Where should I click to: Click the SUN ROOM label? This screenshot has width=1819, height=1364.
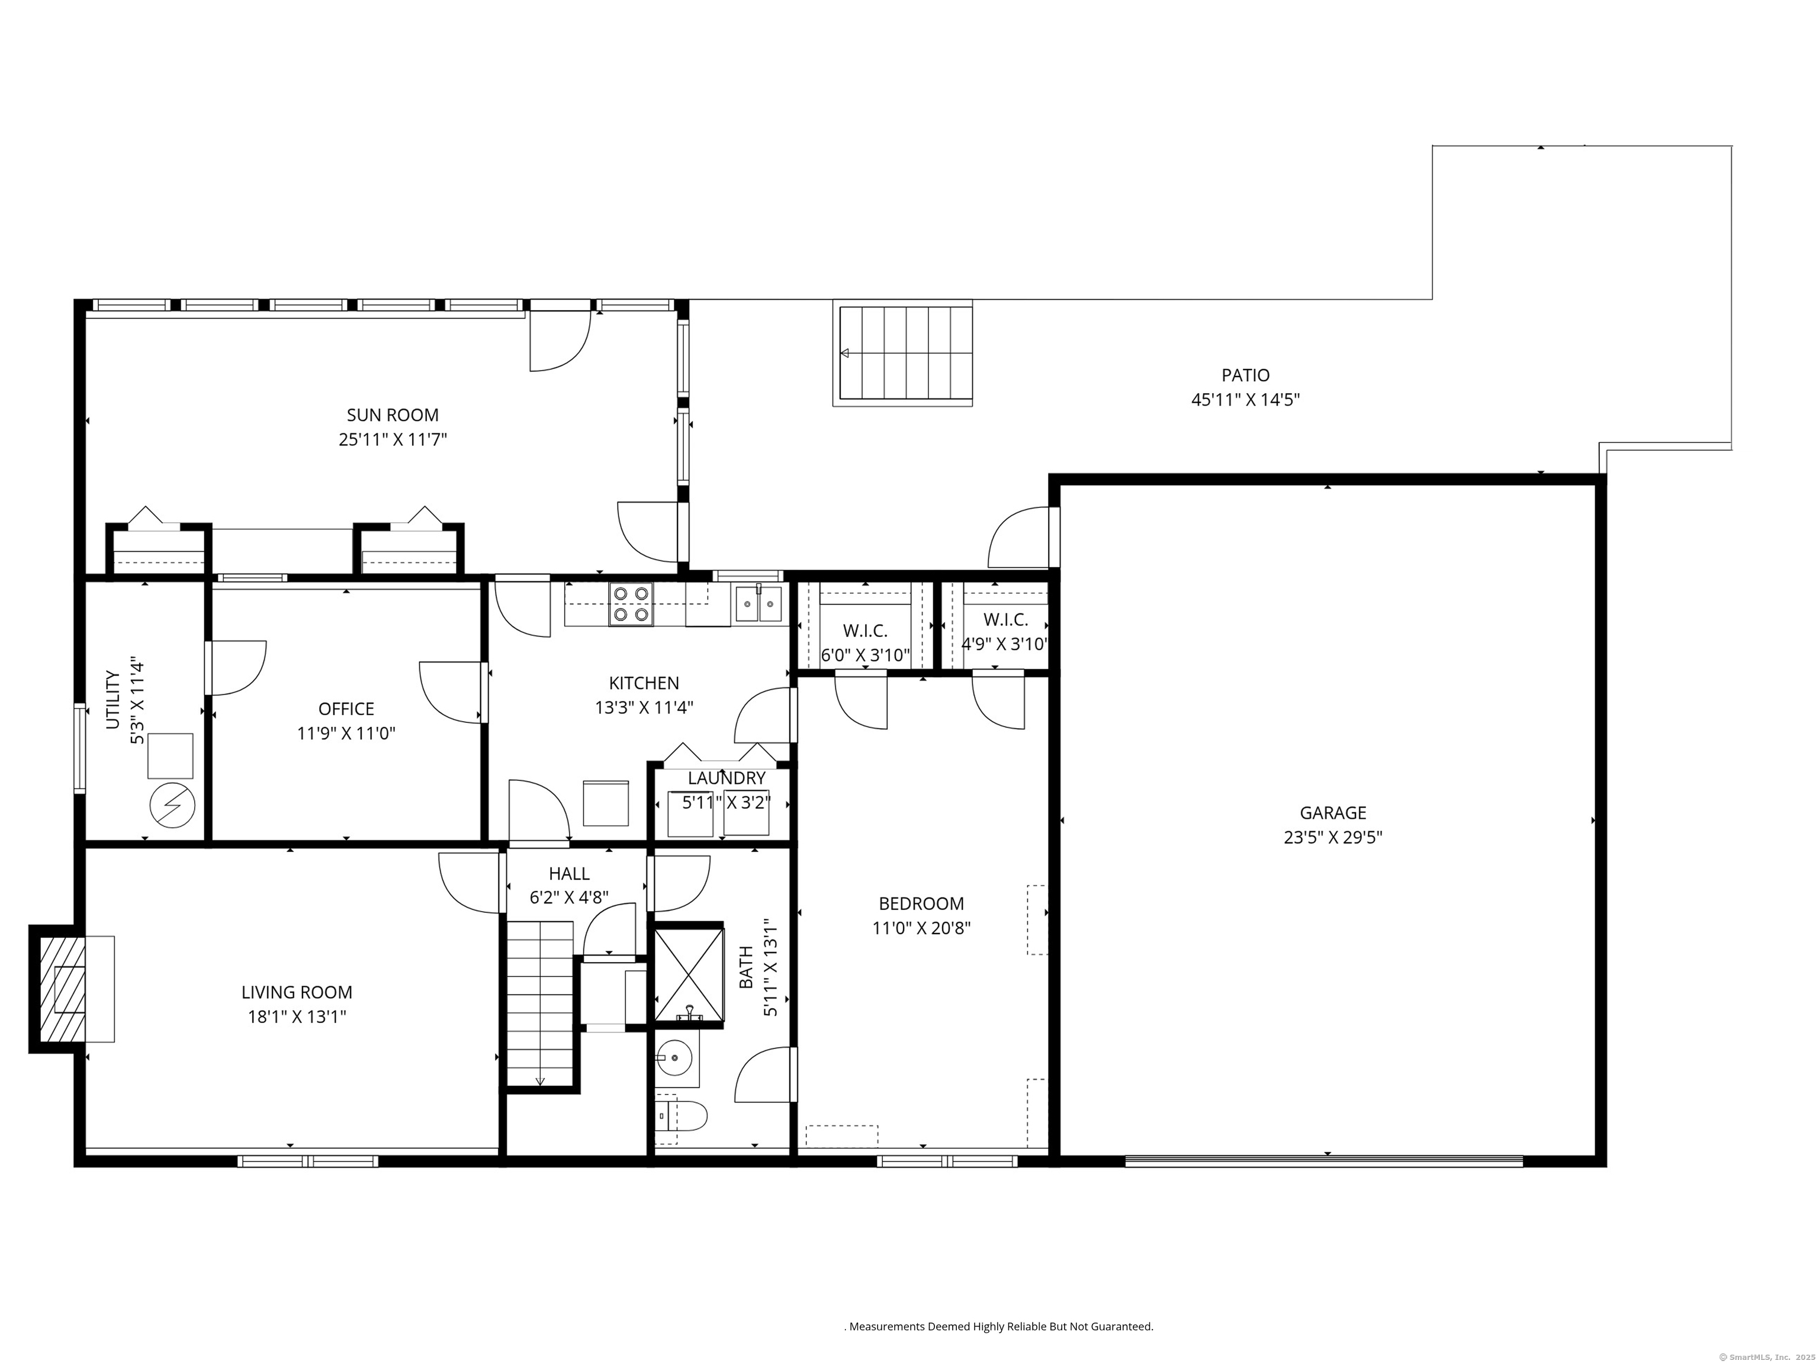pyautogui.click(x=392, y=415)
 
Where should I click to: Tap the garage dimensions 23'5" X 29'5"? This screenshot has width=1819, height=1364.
pyautogui.click(x=1333, y=838)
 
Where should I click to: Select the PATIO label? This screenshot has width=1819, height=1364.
pyautogui.click(x=1245, y=375)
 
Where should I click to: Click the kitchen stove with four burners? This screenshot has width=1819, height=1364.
pyautogui.click(x=631, y=604)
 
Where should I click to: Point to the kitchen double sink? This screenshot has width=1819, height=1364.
pyautogui.click(x=758, y=603)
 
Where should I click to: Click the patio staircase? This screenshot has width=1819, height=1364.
pyautogui.click(x=903, y=353)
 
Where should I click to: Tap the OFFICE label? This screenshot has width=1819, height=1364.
pyautogui.click(x=346, y=709)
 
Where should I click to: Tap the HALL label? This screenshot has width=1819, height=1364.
pyautogui.click(x=569, y=873)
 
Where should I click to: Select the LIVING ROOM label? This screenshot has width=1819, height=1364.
pyautogui.click(x=297, y=992)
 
